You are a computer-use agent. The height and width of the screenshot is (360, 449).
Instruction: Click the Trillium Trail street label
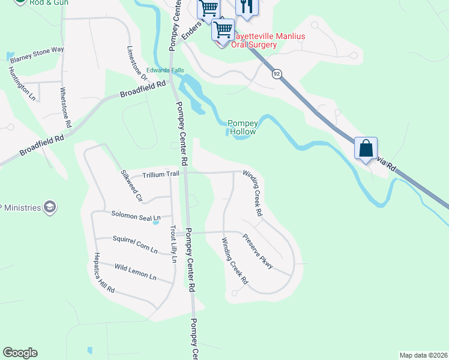(x=160, y=175)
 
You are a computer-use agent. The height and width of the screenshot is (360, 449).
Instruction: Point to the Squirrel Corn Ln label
(x=135, y=243)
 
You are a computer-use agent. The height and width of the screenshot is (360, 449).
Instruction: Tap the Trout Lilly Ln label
(x=173, y=244)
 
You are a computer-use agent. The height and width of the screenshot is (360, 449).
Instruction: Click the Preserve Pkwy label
(x=258, y=250)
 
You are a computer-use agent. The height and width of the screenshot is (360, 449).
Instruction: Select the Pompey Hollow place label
(x=243, y=127)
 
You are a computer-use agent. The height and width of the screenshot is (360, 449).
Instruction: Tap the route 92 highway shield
(x=276, y=74)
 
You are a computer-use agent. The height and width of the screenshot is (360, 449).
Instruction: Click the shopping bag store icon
(x=366, y=148)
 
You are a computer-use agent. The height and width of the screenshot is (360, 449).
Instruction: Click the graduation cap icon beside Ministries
(x=50, y=208)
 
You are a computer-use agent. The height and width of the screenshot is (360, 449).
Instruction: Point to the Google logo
(x=20, y=353)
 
